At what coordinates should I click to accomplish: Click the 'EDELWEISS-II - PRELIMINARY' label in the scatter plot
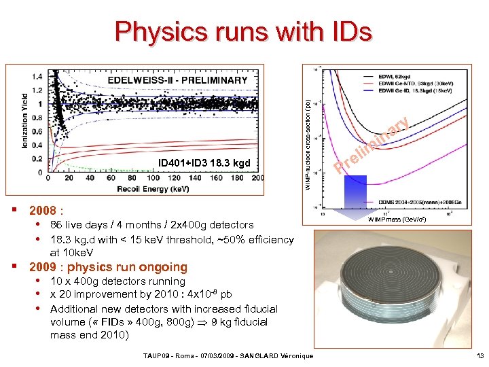click(x=178, y=80)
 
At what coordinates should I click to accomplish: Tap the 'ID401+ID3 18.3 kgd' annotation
click(x=204, y=163)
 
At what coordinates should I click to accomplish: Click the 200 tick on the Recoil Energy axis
click(x=257, y=179)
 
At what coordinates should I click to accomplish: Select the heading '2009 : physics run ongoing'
click(x=108, y=267)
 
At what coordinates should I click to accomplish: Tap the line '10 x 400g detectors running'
click(x=117, y=281)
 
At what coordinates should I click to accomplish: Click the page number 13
click(x=479, y=355)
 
